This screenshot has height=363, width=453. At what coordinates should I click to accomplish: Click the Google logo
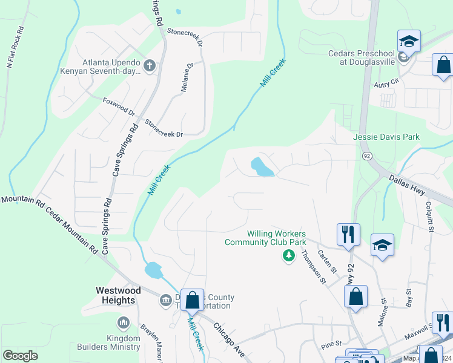[21, 356]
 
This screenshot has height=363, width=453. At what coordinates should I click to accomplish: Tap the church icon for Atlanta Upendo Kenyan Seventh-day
[150, 64]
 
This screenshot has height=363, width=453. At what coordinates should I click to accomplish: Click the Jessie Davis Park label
[386, 137]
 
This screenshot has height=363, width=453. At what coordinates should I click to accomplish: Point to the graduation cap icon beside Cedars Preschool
[409, 42]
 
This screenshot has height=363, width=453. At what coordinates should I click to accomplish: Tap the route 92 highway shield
[367, 155]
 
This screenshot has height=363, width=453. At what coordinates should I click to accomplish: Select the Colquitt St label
[431, 217]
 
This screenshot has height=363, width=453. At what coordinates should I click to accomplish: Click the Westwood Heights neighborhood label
[115, 295]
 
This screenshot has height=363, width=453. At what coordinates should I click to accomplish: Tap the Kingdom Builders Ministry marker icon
[124, 323]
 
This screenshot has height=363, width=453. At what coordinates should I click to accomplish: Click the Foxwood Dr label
[119, 106]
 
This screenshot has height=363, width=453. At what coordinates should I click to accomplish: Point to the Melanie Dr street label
[187, 77]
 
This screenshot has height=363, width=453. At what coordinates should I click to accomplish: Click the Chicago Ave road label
[228, 340]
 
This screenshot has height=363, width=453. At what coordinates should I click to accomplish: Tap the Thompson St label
[314, 267]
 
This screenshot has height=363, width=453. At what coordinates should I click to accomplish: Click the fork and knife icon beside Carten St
[348, 234]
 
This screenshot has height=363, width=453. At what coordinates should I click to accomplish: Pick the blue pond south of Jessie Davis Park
[261, 168]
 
